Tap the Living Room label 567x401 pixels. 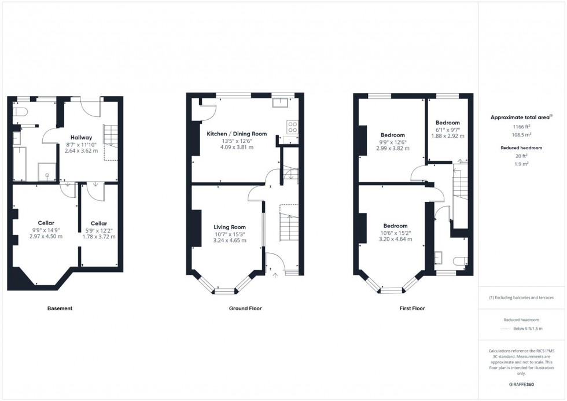(x=230, y=227)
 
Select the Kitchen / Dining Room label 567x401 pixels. (x=237, y=134)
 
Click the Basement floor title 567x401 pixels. (x=60, y=308)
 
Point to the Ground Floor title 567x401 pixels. (x=245, y=308)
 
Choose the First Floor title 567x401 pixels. (x=412, y=308)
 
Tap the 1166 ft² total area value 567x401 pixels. (x=521, y=126)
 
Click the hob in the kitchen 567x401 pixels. (x=292, y=127)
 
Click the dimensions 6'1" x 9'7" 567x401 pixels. (x=447, y=130)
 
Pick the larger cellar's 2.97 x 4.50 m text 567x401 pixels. (x=46, y=236)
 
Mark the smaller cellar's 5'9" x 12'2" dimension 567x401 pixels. (x=98, y=230)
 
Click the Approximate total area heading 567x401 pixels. (x=520, y=117)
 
